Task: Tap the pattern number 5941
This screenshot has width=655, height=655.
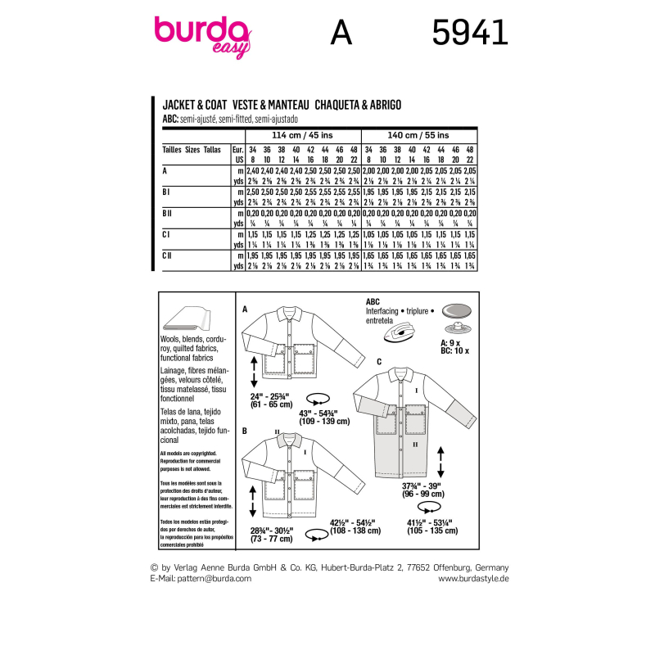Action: pyautogui.click(x=469, y=33)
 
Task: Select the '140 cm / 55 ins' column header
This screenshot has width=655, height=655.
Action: pyautogui.click(x=419, y=134)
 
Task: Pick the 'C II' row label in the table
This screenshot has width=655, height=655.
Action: pyautogui.click(x=167, y=255)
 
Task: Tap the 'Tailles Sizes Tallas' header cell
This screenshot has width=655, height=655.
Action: pyautogui.click(x=192, y=151)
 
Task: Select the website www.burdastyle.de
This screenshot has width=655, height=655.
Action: pyautogui.click(x=474, y=578)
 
